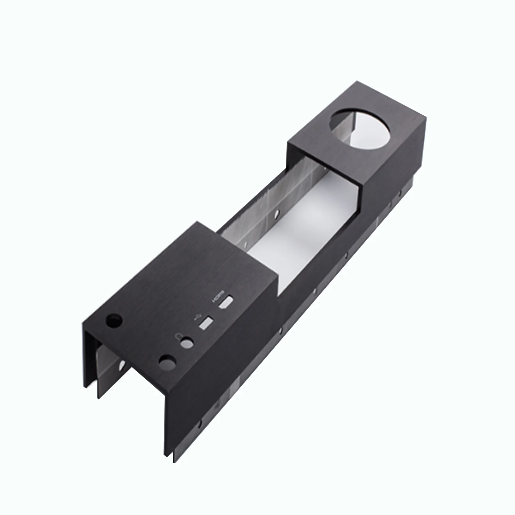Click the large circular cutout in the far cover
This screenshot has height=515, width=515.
click(359, 129)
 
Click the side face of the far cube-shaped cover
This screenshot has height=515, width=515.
click(391, 172)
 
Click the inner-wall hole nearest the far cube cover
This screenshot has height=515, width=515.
click(274, 217)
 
